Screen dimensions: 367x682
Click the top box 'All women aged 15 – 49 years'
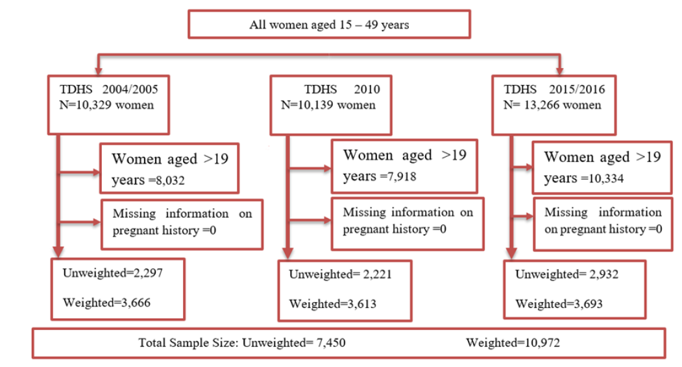pyautogui.click(x=329, y=25)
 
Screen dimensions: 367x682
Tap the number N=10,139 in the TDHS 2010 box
pyautogui.click(x=308, y=104)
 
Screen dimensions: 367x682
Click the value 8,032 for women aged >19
pyautogui.click(x=169, y=181)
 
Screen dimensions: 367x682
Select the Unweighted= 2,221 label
pyautogui.click(x=340, y=274)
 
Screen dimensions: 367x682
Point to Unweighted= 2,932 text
pyautogui.click(x=566, y=274)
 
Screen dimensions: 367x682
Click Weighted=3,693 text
pyautogui.click(x=559, y=303)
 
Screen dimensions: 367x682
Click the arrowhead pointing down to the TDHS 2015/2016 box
pyautogui.click(x=559, y=67)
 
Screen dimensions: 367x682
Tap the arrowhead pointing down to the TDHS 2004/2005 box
pyautogui.click(x=99, y=67)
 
